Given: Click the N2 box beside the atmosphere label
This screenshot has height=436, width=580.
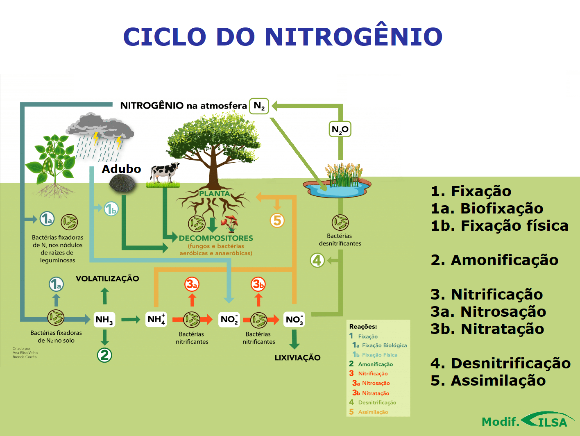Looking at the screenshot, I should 259,106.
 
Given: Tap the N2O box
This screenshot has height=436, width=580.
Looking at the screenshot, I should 340,129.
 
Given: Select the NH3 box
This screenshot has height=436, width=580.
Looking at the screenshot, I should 104,320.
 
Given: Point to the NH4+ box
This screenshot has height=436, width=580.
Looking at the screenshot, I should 156,319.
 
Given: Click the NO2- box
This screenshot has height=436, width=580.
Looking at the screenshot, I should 229,320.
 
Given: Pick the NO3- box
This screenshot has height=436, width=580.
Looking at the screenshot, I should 294,320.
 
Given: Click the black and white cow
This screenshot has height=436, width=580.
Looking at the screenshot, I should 164,172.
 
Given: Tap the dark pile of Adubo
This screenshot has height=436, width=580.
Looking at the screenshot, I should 122,183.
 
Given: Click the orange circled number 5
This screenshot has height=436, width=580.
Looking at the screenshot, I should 277,220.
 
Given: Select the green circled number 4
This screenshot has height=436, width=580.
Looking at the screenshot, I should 317,260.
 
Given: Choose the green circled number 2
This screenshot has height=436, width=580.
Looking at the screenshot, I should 104,355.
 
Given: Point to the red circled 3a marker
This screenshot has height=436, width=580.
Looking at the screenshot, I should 192,284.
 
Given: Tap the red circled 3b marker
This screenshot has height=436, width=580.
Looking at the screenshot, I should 258,284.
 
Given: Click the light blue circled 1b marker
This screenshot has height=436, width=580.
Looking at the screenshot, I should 111,209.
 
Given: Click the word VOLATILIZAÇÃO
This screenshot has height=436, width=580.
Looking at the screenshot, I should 107,279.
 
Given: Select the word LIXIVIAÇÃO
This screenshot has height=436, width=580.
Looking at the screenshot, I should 297,358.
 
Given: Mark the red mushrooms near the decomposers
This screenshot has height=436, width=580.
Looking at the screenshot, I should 229,223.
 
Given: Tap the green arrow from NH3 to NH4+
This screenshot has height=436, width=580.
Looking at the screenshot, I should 131,320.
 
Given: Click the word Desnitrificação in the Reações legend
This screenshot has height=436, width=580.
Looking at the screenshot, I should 377,402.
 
